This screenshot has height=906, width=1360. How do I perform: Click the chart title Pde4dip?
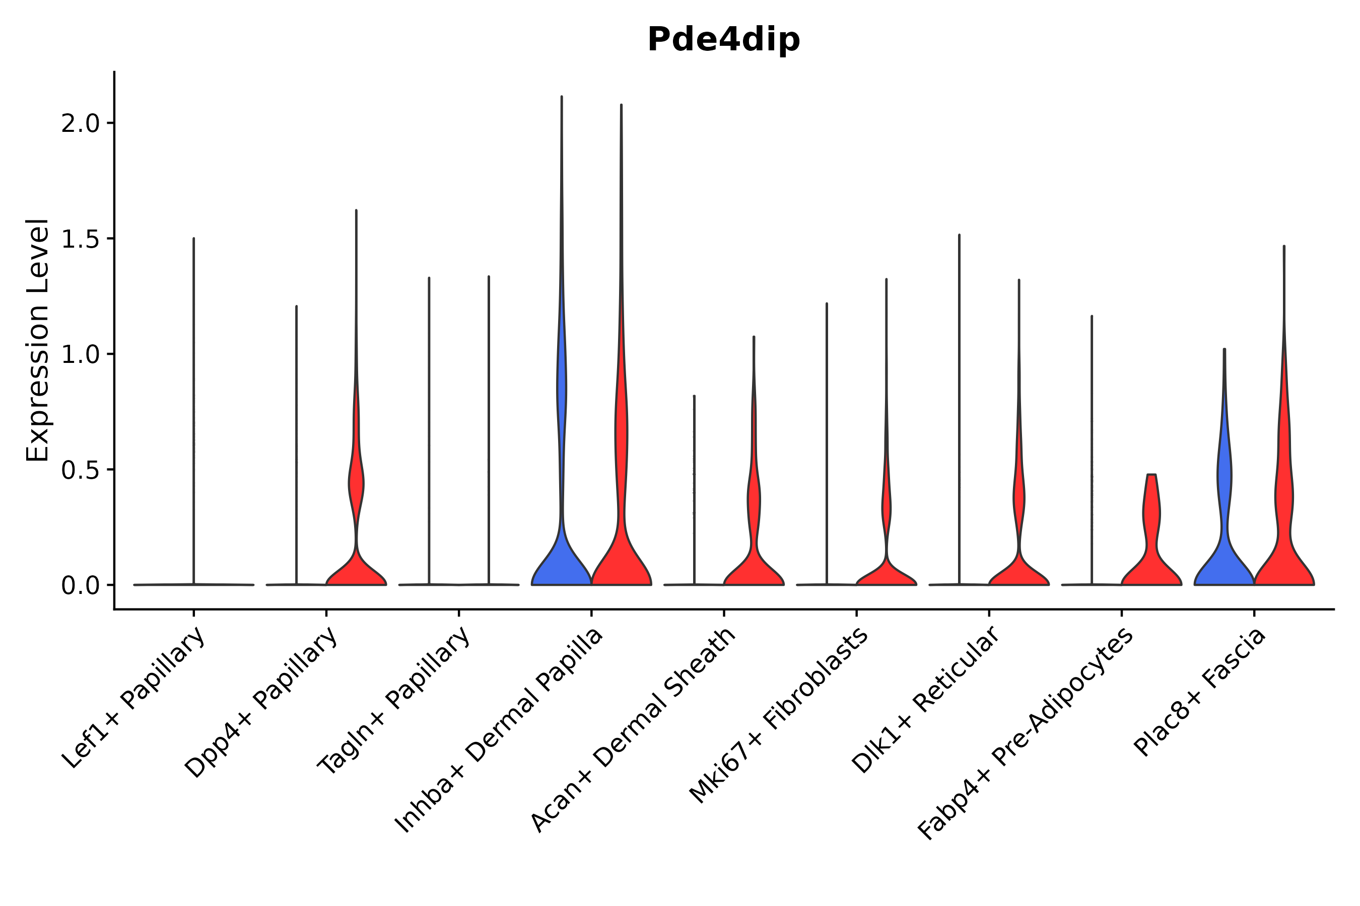pyautogui.click(x=723, y=40)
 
